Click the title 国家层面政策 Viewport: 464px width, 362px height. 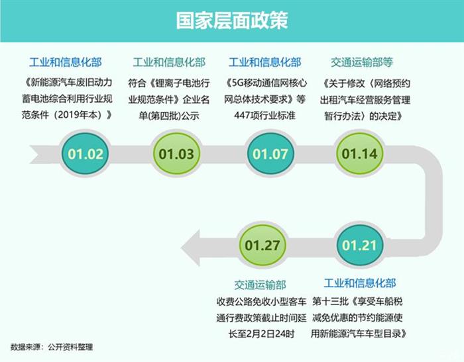[x=232, y=21]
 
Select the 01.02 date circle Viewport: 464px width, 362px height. [x=86, y=154]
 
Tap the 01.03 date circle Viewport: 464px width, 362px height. [x=176, y=154]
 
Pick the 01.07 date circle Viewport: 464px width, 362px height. [x=270, y=154]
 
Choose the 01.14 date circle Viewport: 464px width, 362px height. [x=359, y=154]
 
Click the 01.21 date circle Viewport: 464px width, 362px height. [x=359, y=245]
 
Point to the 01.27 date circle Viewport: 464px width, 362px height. [x=262, y=245]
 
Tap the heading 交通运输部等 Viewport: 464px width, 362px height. [x=362, y=62]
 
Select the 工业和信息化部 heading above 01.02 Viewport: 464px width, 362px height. [x=66, y=62]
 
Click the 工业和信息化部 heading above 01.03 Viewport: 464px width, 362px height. [x=169, y=62]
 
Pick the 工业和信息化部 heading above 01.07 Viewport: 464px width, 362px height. [x=265, y=62]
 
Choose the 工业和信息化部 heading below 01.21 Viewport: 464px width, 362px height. [x=359, y=283]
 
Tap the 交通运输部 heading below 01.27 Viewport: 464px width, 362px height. [x=260, y=285]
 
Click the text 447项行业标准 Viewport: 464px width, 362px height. [x=265, y=115]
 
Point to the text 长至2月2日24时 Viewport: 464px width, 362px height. [x=261, y=334]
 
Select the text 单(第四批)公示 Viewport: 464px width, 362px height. [x=169, y=116]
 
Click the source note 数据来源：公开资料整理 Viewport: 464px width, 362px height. [x=52, y=347]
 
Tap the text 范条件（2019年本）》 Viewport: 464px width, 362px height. [x=66, y=114]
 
